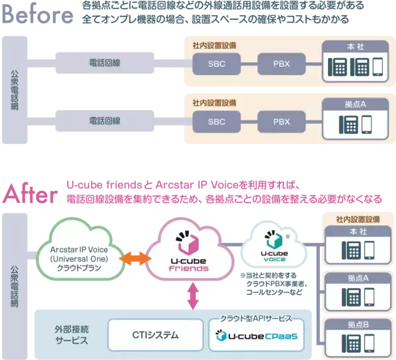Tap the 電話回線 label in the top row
104,63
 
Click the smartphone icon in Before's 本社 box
377,67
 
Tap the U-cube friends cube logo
187,244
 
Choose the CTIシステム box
152,335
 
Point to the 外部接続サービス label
69,335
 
